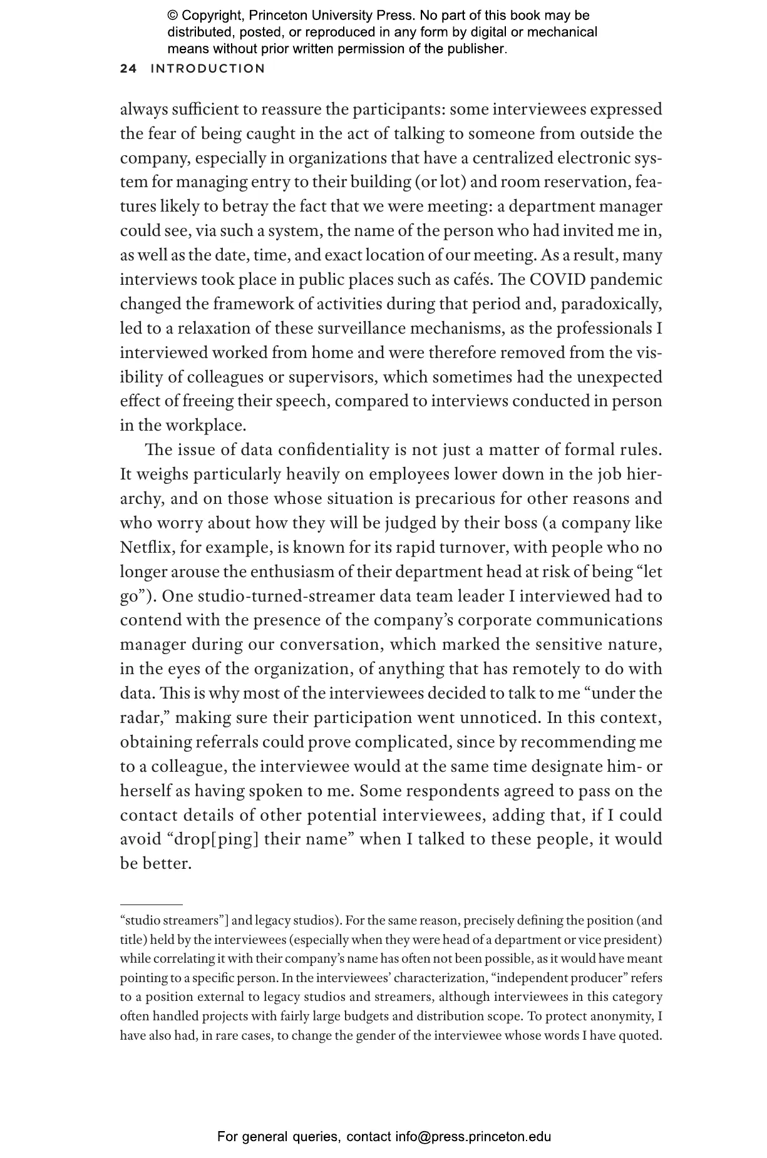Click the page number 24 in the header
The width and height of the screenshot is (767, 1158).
pos(128,69)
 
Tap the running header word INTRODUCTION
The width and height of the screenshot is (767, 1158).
pos(208,69)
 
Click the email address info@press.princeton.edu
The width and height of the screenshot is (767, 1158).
pos(473,1136)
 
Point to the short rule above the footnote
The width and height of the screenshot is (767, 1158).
pos(151,904)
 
